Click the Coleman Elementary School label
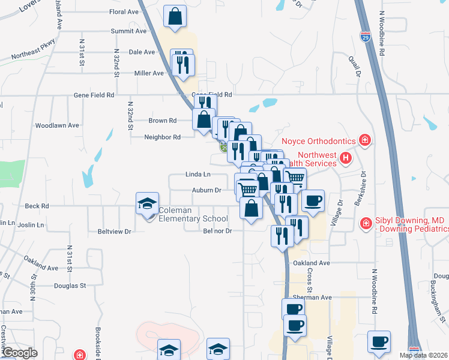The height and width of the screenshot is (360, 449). click(x=193, y=214)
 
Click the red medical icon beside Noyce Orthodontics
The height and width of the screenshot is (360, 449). click(x=364, y=141)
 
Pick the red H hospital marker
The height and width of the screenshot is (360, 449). click(x=345, y=158)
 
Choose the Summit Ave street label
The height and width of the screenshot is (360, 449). click(x=128, y=31)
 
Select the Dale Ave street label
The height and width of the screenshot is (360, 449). click(x=142, y=52)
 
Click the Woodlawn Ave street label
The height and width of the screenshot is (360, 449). click(x=57, y=125)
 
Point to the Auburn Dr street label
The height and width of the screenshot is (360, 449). click(x=206, y=190)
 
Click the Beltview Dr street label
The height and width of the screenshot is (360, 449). click(x=114, y=231)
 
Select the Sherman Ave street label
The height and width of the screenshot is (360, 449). click(x=316, y=297)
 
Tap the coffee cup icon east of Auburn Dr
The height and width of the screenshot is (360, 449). click(x=312, y=201)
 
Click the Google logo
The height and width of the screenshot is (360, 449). click(x=20, y=353)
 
